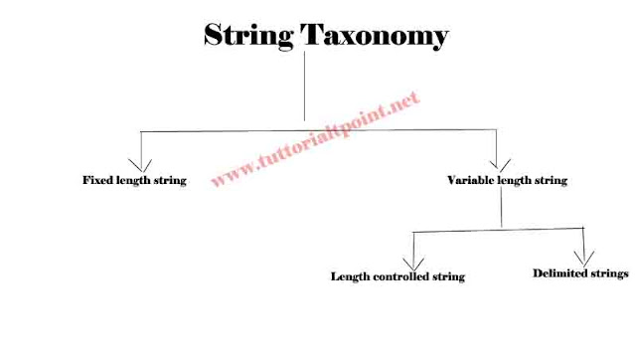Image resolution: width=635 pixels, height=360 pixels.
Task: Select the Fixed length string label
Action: tap(134, 181)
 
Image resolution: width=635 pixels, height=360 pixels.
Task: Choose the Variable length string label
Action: tap(508, 181)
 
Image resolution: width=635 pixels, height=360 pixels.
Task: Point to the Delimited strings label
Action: tap(580, 271)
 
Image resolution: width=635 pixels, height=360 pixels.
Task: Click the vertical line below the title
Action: tap(304, 90)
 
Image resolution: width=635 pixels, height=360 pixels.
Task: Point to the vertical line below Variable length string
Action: tap(503, 209)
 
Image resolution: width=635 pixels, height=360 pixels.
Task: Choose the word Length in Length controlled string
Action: tap(349, 275)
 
